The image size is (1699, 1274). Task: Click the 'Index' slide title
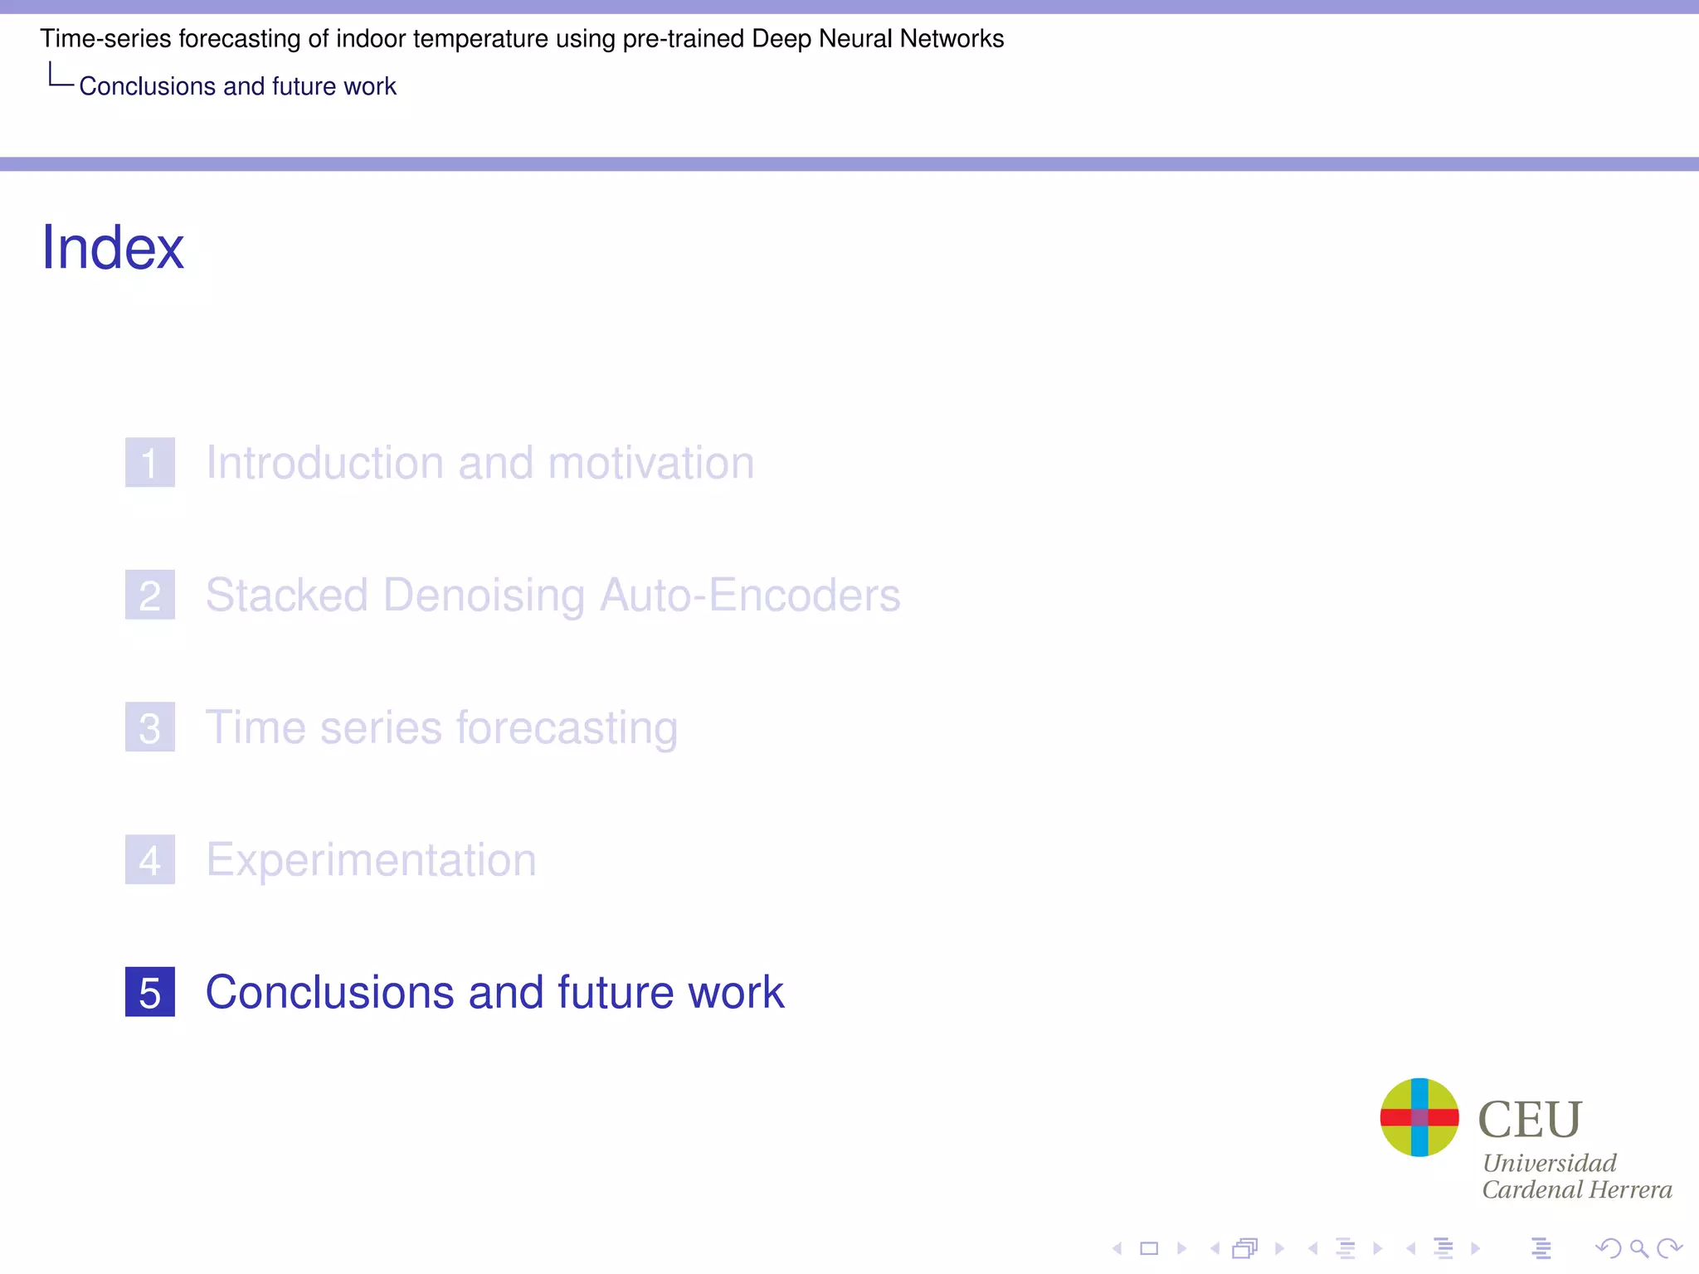pyautogui.click(x=113, y=247)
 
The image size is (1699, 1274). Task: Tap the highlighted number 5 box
pyautogui.click(x=150, y=992)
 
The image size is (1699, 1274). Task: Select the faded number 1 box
pyautogui.click(x=150, y=462)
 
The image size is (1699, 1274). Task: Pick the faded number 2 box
pyautogui.click(x=150, y=595)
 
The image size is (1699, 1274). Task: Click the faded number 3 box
pyautogui.click(x=150, y=727)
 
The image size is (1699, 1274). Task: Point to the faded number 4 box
pyautogui.click(x=150, y=859)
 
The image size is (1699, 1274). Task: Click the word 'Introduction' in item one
pyautogui.click(x=324, y=462)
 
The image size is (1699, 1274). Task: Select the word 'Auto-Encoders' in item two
pyautogui.click(x=749, y=595)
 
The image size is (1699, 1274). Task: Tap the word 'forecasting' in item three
pyautogui.click(x=567, y=727)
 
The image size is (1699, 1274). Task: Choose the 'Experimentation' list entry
pyautogui.click(x=371, y=860)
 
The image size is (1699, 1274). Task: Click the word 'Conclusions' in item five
pyautogui.click(x=329, y=992)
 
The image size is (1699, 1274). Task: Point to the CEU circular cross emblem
pyautogui.click(x=1419, y=1117)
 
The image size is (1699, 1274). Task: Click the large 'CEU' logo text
pyautogui.click(x=1531, y=1119)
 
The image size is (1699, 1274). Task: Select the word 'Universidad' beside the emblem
pyautogui.click(x=1550, y=1163)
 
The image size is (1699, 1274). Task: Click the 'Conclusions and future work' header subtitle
pyautogui.click(x=237, y=86)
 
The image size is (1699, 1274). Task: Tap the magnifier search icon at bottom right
pyautogui.click(x=1638, y=1248)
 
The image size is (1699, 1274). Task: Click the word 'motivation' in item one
pyautogui.click(x=651, y=462)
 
